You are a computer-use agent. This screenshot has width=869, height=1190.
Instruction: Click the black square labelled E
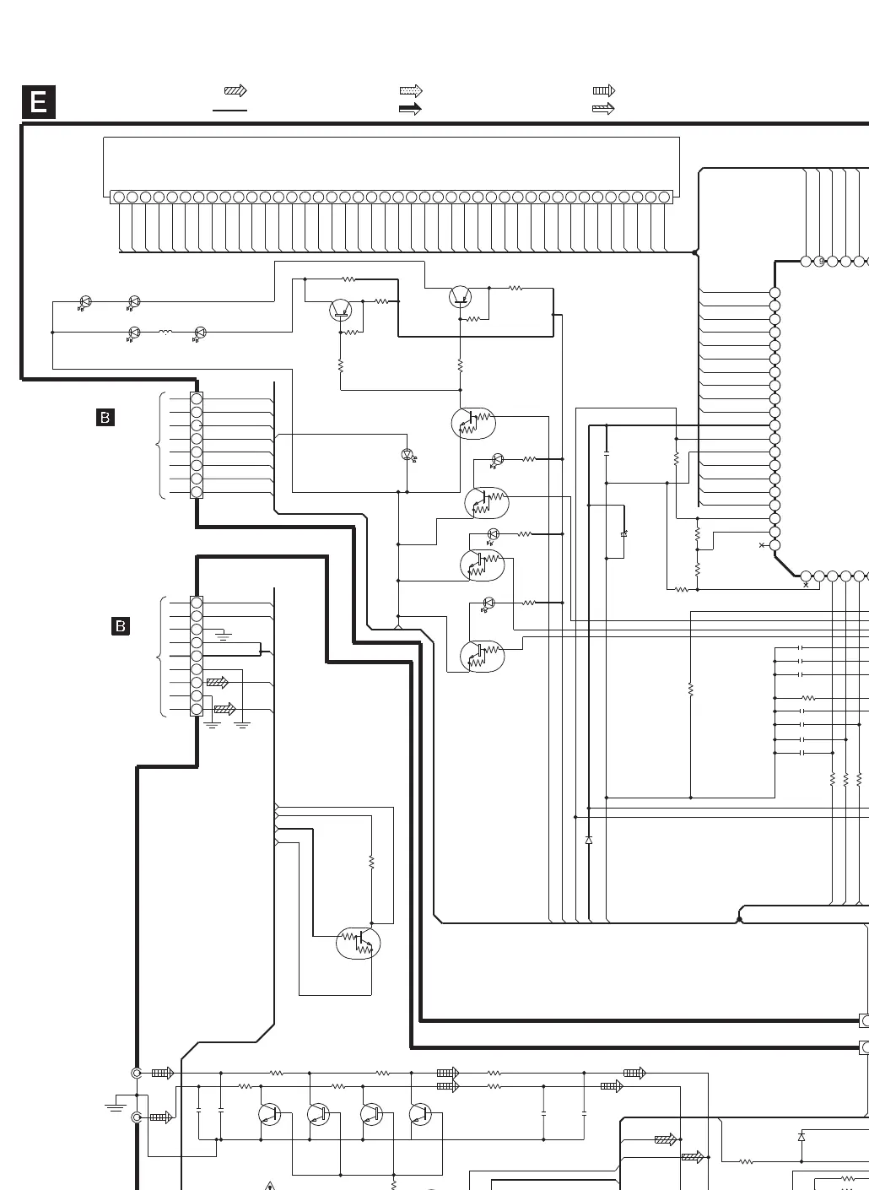pyautogui.click(x=38, y=103)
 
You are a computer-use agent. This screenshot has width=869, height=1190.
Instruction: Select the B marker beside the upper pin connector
pyautogui.click(x=105, y=417)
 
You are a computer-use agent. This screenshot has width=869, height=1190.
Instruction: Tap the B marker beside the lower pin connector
pyautogui.click(x=121, y=626)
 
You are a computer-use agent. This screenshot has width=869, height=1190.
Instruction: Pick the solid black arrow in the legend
pyautogui.click(x=410, y=109)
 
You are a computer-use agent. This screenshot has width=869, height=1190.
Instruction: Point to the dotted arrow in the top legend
pyautogui.click(x=410, y=91)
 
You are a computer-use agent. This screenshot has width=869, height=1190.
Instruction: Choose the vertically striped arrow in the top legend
pyautogui.click(x=604, y=90)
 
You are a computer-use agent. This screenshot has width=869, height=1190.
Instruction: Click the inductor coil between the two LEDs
pyautogui.click(x=165, y=333)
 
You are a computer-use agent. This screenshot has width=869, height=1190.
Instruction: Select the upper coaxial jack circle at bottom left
pyautogui.click(x=137, y=1074)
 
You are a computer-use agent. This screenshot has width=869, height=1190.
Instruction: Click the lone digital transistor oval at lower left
pyautogui.click(x=359, y=943)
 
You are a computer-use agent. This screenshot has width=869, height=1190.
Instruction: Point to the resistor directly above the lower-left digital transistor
pyautogui.click(x=371, y=862)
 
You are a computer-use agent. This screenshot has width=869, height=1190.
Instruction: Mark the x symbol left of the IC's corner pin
pyautogui.click(x=763, y=546)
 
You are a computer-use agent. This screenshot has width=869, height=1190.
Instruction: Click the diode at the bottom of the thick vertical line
pyautogui.click(x=589, y=841)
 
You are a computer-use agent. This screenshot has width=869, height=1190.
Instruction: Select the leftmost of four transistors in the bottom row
pyautogui.click(x=270, y=1114)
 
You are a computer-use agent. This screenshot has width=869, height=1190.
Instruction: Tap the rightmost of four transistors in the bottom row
pyautogui.click(x=420, y=1114)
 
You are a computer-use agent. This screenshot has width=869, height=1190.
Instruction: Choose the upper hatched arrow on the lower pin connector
pyautogui.click(x=218, y=682)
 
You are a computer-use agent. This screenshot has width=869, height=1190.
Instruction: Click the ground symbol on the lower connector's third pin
pyautogui.click(x=224, y=636)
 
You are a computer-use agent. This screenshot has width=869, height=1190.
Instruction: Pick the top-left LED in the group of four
pyautogui.click(x=84, y=301)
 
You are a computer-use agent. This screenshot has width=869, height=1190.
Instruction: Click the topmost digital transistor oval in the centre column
pyautogui.click(x=473, y=423)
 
